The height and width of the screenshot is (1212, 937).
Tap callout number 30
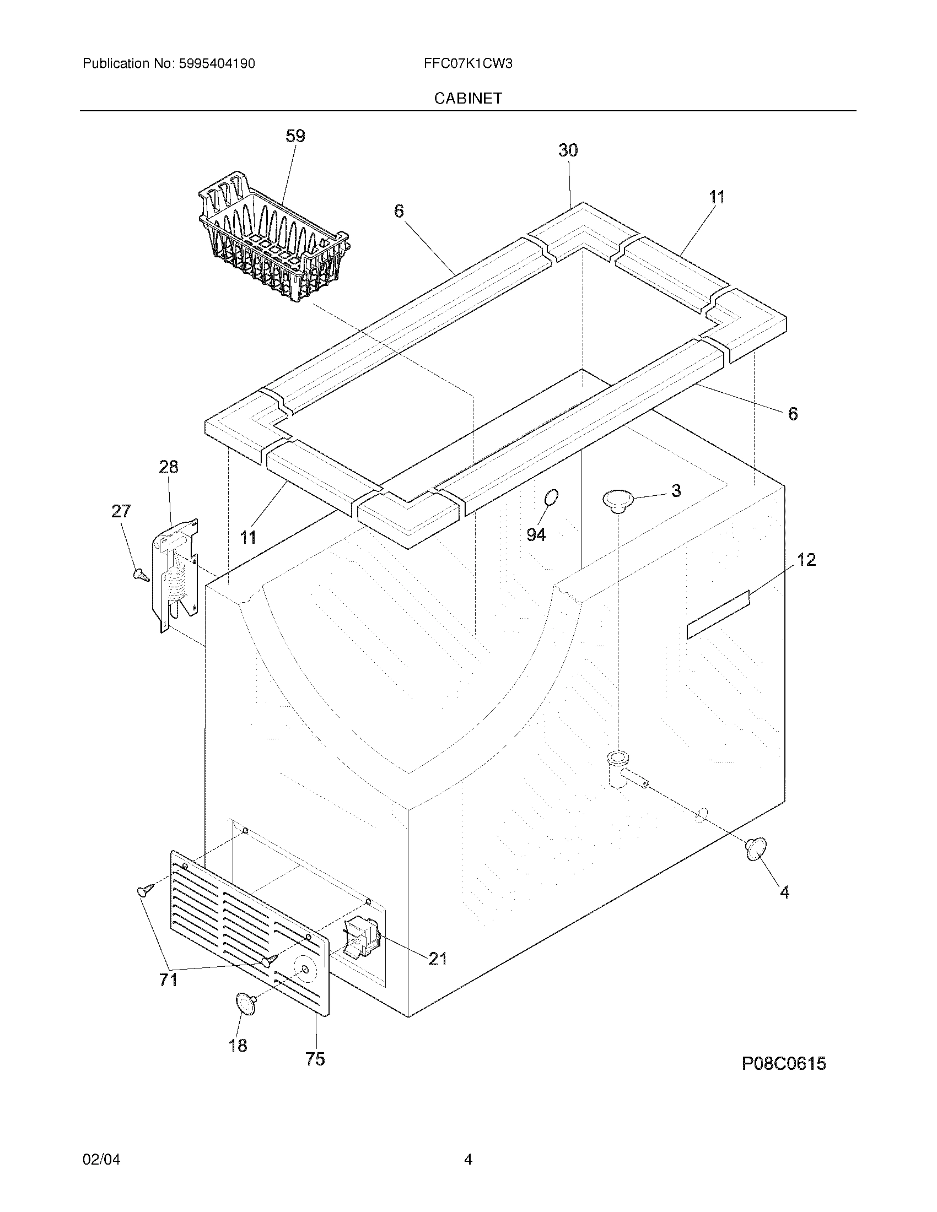point(568,150)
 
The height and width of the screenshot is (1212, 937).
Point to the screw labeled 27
point(141,575)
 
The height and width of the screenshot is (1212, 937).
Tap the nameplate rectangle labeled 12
point(718,615)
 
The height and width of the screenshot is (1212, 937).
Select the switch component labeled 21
point(362,937)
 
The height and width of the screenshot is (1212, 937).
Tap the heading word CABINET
point(467,98)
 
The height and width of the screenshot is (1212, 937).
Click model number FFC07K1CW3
point(467,64)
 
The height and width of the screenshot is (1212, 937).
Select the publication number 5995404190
point(217,64)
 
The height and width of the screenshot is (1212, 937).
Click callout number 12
point(806,559)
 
